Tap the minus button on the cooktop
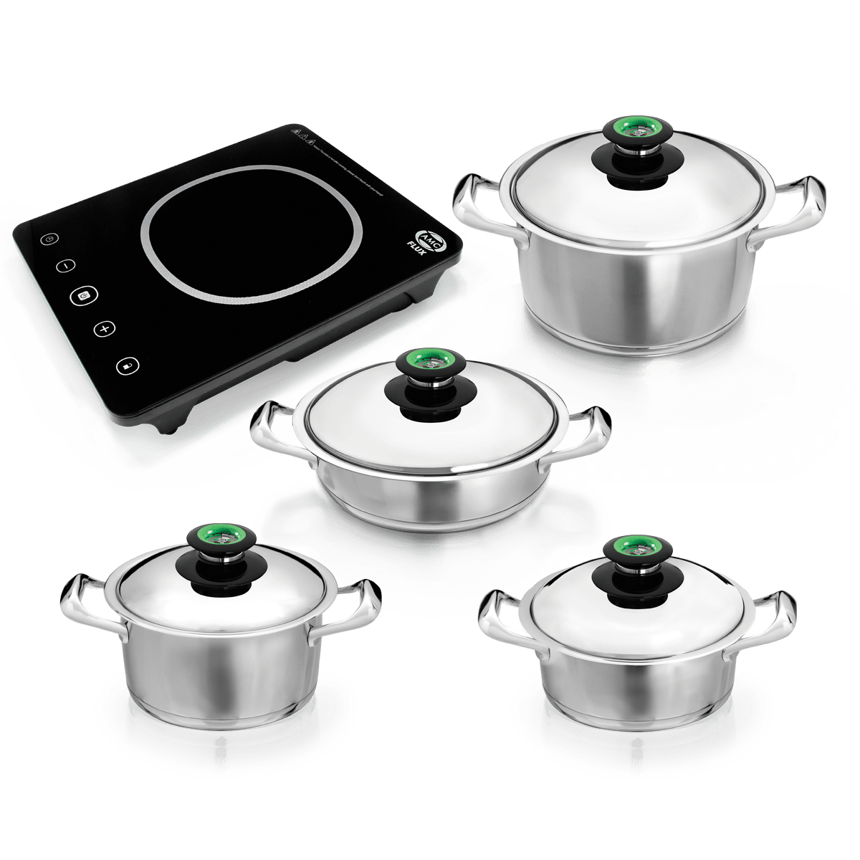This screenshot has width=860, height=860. coord(64,265)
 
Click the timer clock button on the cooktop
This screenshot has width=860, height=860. coord(48,239)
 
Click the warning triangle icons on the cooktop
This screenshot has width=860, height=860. coord(302,133)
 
